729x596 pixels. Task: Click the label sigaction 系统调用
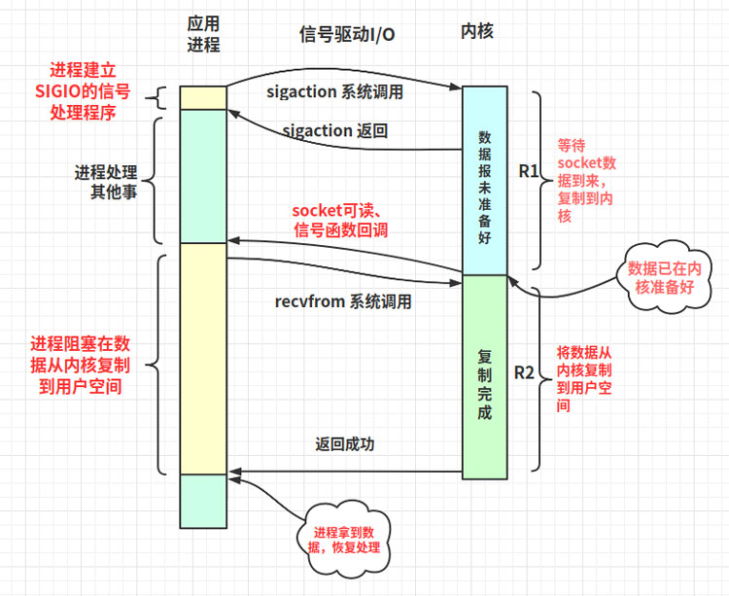pyautogui.click(x=333, y=92)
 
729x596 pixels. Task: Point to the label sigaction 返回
pyautogui.click(x=335, y=130)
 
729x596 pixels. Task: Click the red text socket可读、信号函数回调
pyautogui.click(x=341, y=220)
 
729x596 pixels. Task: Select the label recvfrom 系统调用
pyautogui.click(x=343, y=301)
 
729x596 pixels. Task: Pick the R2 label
pyautogui.click(x=524, y=372)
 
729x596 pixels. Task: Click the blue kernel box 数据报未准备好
pyautogui.click(x=484, y=180)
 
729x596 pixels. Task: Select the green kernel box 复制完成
pyautogui.click(x=484, y=379)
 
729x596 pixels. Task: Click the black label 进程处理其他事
pyautogui.click(x=105, y=181)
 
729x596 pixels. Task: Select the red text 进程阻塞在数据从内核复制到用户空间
pyautogui.click(x=80, y=365)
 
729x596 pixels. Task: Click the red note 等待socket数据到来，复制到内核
pyautogui.click(x=585, y=180)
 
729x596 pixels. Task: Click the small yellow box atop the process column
pyautogui.click(x=202, y=97)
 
